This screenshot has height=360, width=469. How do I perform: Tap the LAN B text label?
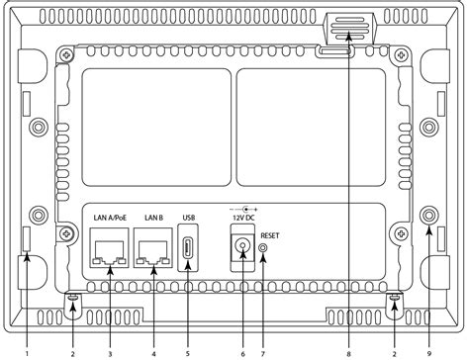[152, 219]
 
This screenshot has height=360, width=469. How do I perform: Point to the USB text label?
[190, 219]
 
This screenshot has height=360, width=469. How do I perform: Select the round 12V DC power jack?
[238, 247]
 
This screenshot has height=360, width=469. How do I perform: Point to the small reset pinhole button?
[262, 248]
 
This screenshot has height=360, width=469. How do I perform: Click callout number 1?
[26, 350]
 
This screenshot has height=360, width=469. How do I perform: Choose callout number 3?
[109, 350]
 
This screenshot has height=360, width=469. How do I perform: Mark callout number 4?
[154, 350]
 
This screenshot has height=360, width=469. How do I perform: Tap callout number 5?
[188, 350]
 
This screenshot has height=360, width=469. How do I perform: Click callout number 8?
[348, 350]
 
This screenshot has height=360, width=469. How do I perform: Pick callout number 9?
[429, 350]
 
